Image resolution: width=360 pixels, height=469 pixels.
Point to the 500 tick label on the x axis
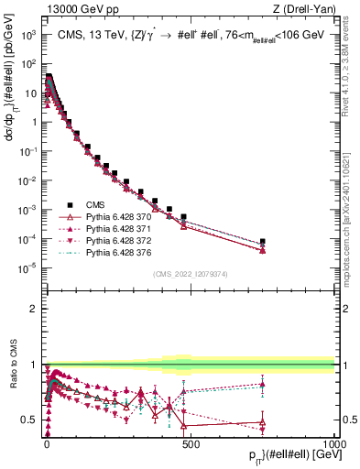(x=191, y=442)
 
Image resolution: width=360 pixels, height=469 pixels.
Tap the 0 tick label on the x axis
(x=47, y=442)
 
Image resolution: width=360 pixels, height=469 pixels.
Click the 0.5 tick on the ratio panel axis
(x=31, y=420)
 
